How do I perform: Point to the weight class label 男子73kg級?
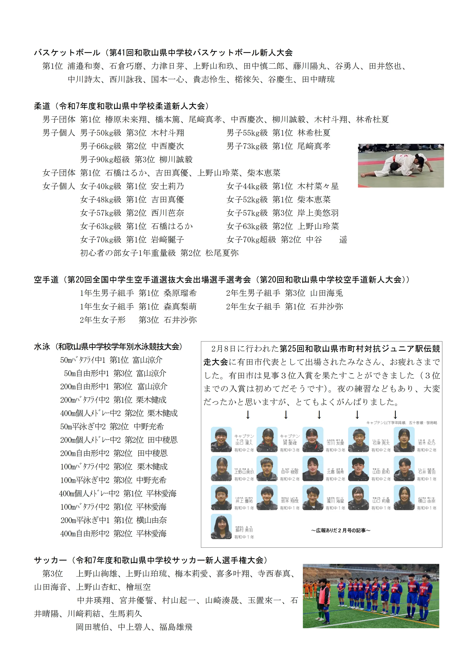tap(247, 146)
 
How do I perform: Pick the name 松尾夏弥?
tap(222, 253)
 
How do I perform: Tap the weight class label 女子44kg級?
tap(247, 186)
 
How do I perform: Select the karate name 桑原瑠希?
tap(180, 293)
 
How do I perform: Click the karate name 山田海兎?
tap(327, 293)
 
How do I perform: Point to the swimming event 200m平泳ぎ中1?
tap(85, 520)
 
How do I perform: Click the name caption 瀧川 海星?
tap(335, 501)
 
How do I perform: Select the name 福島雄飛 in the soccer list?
tap(176, 627)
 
